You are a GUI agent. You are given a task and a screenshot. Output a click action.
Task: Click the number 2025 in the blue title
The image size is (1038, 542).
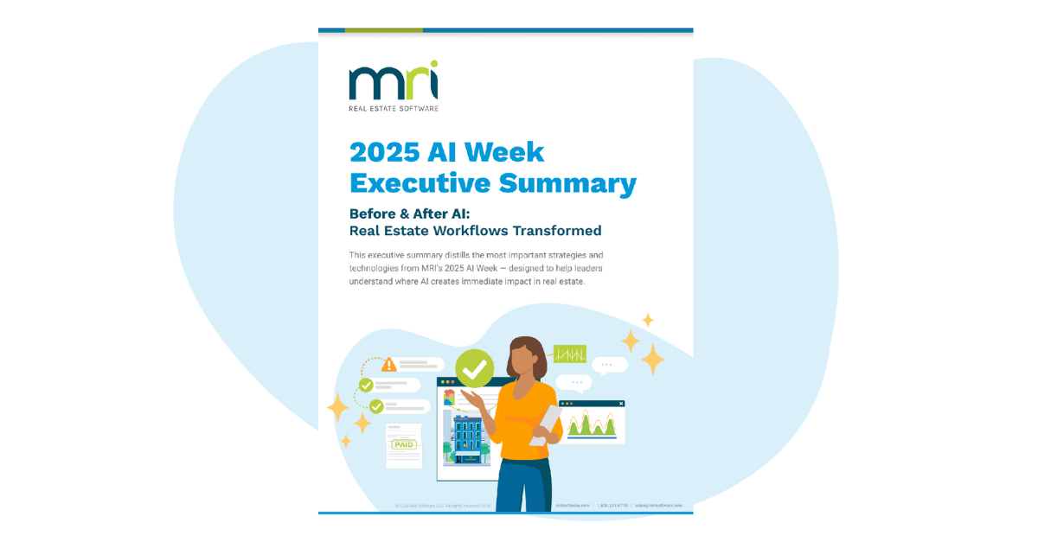[x=384, y=152]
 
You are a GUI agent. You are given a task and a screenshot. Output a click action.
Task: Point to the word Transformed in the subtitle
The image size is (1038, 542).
[x=555, y=231]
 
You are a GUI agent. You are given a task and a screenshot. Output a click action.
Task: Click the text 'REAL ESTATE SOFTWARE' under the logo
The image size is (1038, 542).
[x=393, y=109]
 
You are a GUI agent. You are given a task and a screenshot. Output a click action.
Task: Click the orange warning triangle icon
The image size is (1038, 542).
[x=389, y=364]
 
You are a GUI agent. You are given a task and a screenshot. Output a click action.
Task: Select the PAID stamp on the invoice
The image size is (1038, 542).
[x=404, y=444]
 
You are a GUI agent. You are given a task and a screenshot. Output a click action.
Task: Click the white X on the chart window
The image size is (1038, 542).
[x=621, y=404]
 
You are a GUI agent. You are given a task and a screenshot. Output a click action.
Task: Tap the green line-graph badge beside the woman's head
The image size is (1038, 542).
[x=570, y=354]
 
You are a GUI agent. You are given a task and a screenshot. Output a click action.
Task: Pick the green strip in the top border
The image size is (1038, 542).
[x=383, y=30]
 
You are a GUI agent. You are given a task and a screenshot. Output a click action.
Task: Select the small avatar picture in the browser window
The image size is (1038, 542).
[x=449, y=397]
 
